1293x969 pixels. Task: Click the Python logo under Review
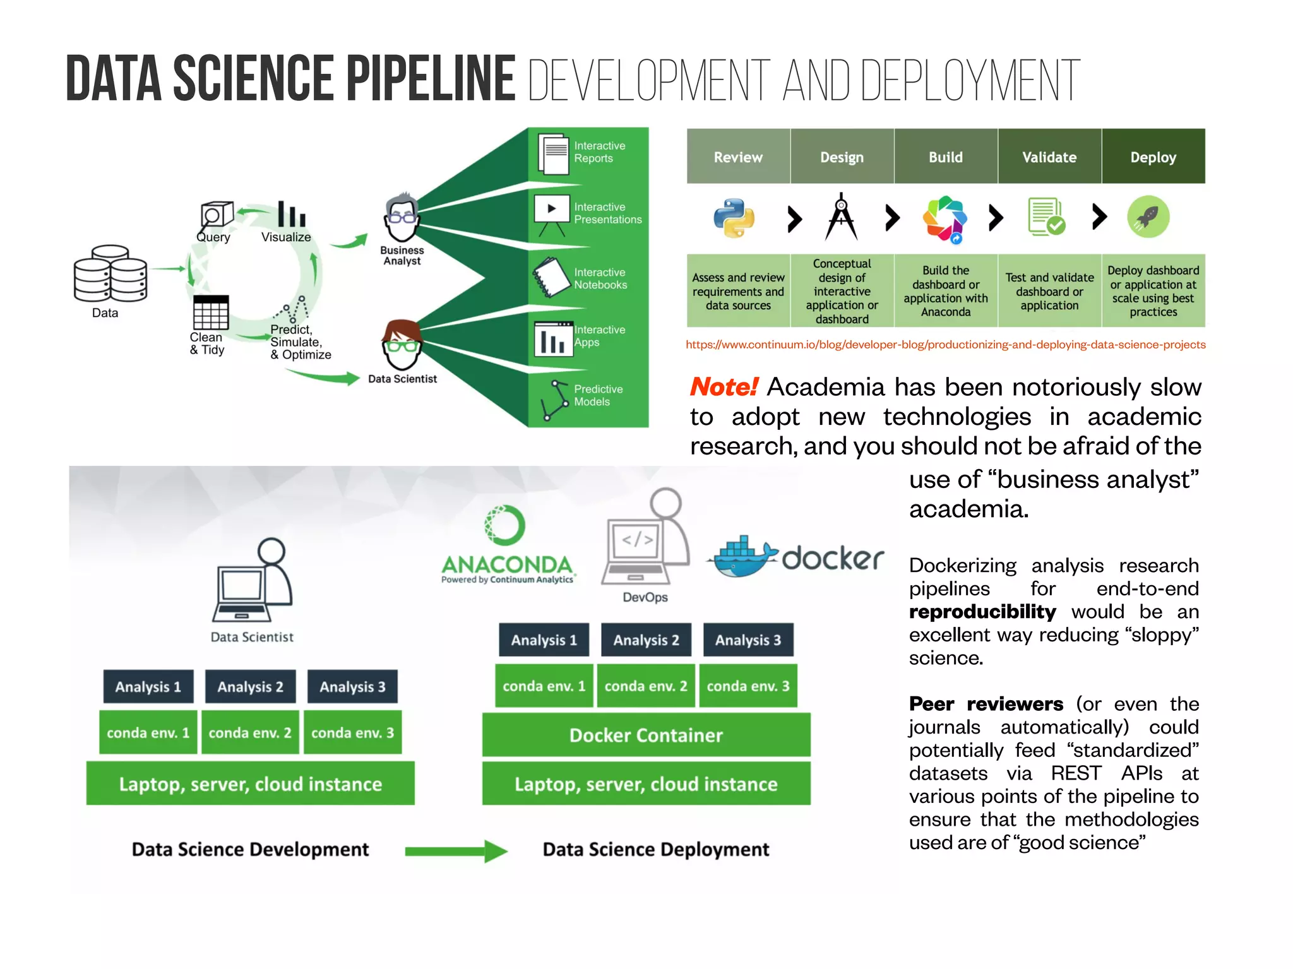point(734,218)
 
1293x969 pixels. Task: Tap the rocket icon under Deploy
point(1148,217)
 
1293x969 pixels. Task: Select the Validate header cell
point(1049,157)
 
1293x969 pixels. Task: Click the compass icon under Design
point(841,217)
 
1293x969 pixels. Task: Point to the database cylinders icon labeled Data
point(110,275)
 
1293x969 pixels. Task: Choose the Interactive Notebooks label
point(600,278)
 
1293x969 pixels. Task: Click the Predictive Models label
point(597,395)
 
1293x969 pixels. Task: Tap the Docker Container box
point(646,735)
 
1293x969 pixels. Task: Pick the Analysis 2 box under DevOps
point(646,640)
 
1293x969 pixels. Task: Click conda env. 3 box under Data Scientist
point(352,733)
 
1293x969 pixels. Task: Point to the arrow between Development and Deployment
point(456,851)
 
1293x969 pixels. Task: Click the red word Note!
point(724,387)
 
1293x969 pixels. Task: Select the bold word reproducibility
point(982,612)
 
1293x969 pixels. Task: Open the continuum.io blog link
point(945,345)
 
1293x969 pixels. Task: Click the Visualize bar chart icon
point(291,215)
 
